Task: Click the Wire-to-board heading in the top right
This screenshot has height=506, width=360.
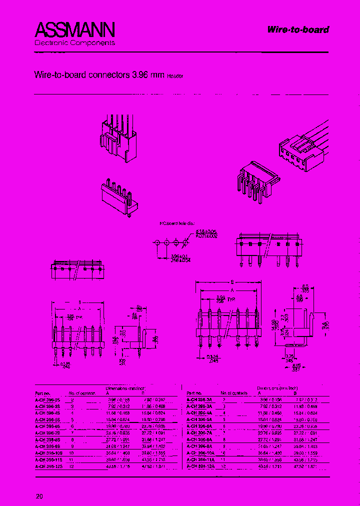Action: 298,29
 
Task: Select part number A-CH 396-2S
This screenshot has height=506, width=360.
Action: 48,400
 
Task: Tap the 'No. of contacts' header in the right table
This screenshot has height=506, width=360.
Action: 234,393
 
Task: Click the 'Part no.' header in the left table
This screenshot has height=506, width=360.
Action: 43,393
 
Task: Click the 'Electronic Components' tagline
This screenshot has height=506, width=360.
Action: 74,42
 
